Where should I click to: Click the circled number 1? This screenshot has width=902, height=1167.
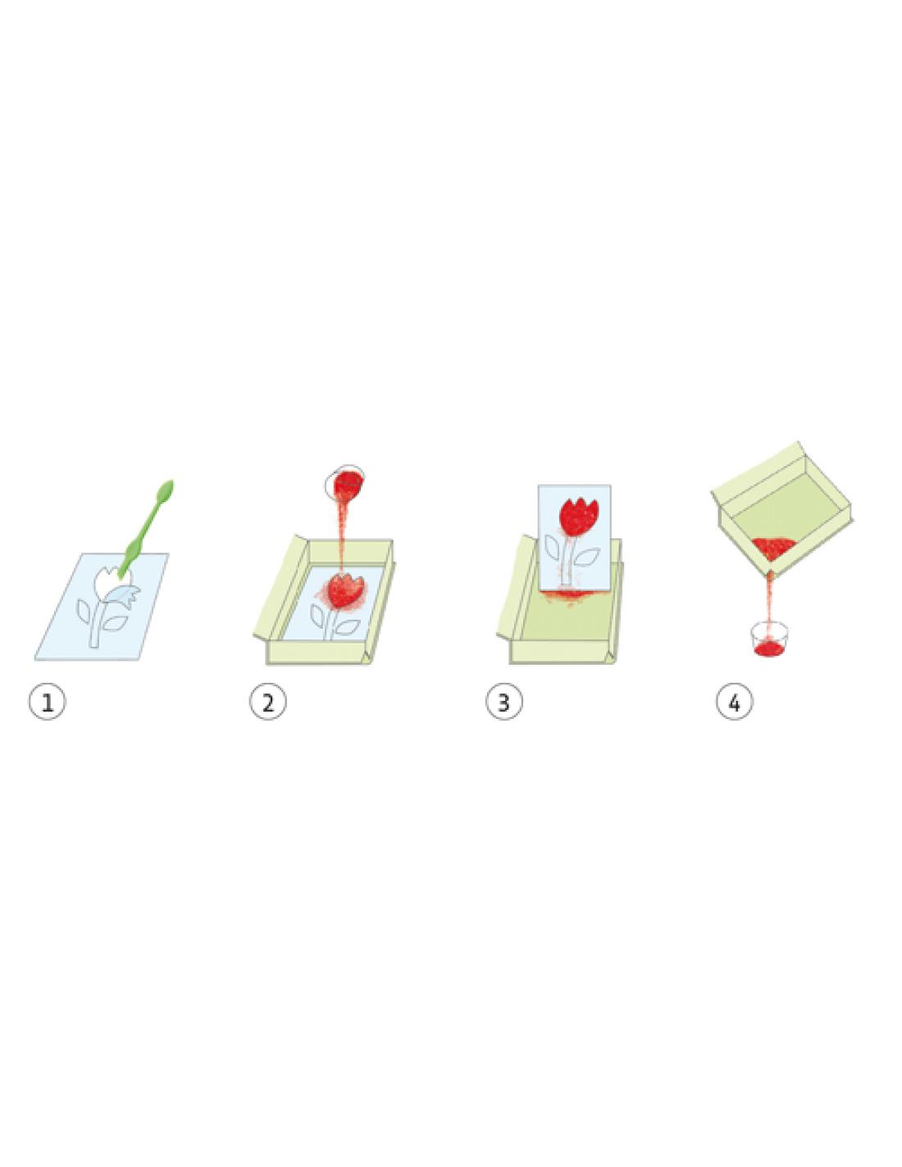click(x=48, y=702)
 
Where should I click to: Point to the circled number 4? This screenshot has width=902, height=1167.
click(x=734, y=702)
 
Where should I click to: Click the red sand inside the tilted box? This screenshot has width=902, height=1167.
click(x=772, y=547)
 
